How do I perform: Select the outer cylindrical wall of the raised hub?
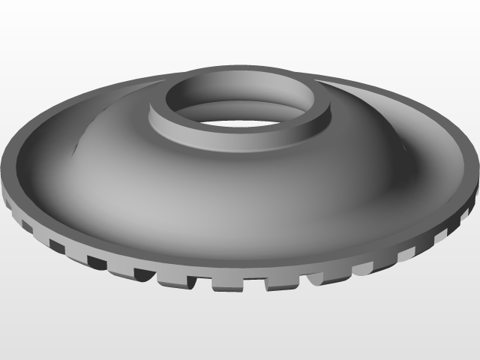coord(225,138)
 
